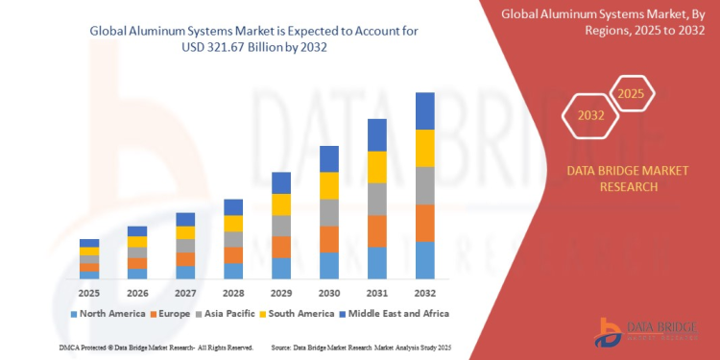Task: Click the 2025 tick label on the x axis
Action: (89, 292)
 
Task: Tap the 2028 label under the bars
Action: (233, 292)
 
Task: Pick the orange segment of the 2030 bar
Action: (329, 239)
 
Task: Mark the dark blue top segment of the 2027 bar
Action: (185, 219)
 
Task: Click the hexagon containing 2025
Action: (630, 94)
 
